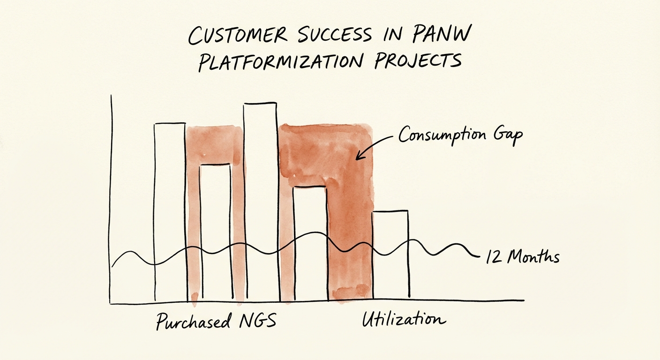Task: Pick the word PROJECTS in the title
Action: coord(417,61)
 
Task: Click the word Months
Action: coord(533,257)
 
